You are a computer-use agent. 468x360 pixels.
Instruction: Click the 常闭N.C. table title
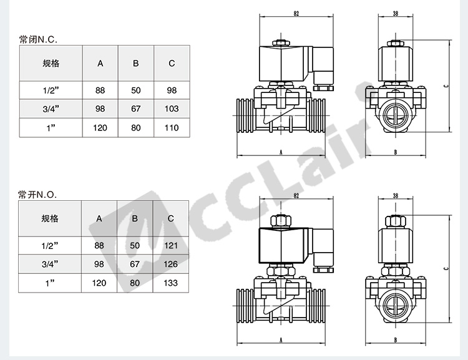(x=38, y=39)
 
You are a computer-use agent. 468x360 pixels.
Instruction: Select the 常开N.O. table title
(x=37, y=195)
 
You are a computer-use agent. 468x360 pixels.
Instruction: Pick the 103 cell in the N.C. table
(x=172, y=109)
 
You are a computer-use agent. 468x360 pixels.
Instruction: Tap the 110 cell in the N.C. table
(x=172, y=128)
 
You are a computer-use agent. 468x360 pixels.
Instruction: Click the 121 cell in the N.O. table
(x=171, y=245)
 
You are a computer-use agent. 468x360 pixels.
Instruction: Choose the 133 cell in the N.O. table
(x=171, y=283)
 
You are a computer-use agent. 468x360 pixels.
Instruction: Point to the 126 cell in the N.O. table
(x=171, y=264)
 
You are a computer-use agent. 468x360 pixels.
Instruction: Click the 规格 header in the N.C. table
(x=51, y=63)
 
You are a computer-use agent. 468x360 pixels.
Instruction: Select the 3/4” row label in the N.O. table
(x=50, y=264)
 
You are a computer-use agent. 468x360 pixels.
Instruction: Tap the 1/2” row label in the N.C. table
(x=51, y=90)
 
